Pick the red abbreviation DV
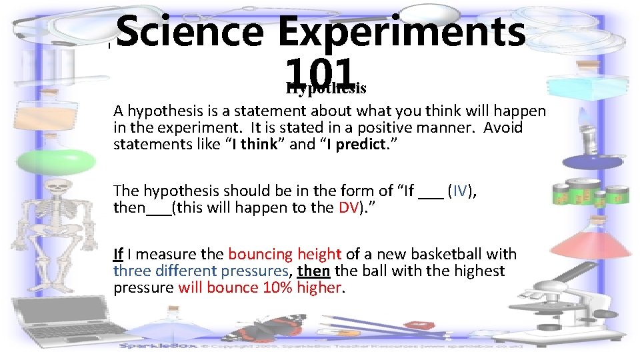pos(349,207)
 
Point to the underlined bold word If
pos(119,254)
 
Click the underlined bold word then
pos(314,271)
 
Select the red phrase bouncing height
pos(285,254)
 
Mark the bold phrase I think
pos(254,145)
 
